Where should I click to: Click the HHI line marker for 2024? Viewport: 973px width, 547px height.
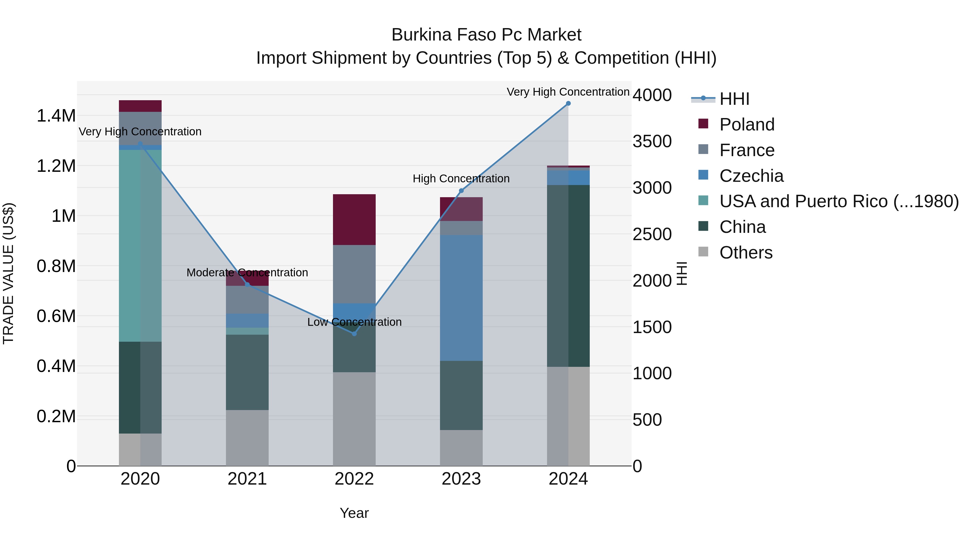click(x=568, y=103)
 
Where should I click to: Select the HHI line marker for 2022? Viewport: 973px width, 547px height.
click(x=354, y=334)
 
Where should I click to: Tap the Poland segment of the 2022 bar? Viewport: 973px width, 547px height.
click(x=354, y=219)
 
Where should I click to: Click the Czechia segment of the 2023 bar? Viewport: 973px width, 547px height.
click(x=461, y=298)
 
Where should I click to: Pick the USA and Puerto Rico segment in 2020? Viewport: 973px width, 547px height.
click(x=140, y=245)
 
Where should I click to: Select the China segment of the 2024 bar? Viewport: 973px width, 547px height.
click(x=568, y=276)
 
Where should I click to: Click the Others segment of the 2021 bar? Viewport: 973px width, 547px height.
click(x=247, y=438)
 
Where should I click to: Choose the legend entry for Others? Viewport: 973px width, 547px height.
click(x=746, y=253)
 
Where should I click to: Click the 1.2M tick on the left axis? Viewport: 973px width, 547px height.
click(x=56, y=166)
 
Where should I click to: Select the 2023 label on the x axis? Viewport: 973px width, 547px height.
click(x=461, y=479)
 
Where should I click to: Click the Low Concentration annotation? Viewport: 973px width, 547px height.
click(x=354, y=322)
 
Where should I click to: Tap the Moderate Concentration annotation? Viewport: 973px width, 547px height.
click(x=247, y=273)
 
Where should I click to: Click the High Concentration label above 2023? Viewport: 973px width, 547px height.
click(x=461, y=179)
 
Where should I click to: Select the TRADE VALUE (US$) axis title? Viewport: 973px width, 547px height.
click(x=8, y=273)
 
